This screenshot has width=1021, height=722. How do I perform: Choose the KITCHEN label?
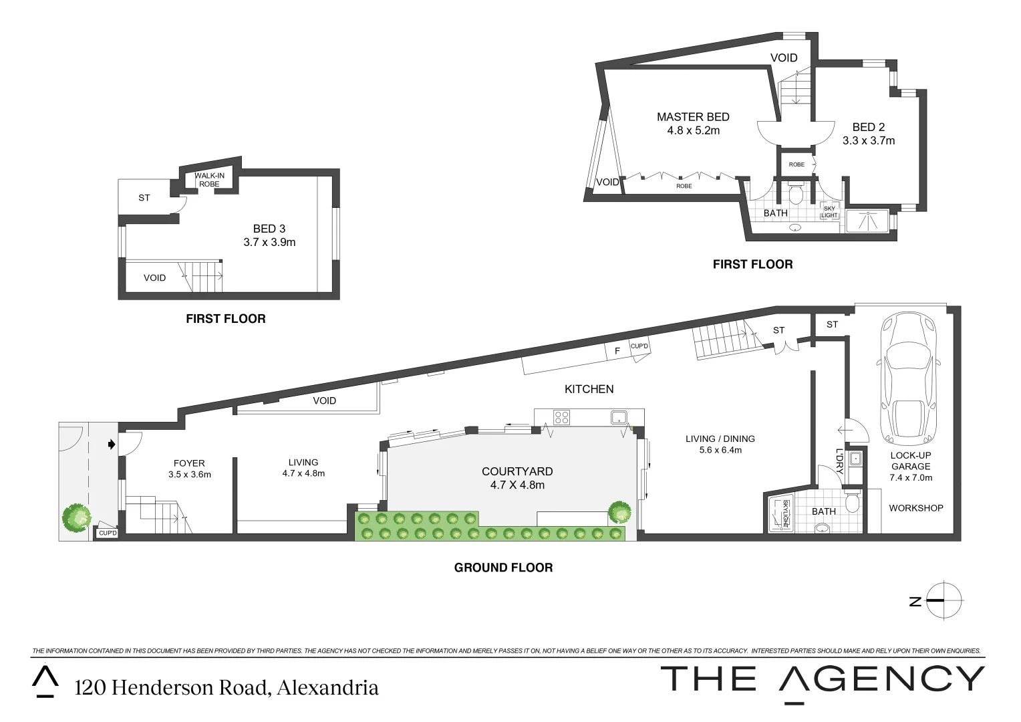point(589,388)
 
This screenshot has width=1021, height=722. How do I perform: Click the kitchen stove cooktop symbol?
point(561,418)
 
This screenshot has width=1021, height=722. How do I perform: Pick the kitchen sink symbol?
point(617,418)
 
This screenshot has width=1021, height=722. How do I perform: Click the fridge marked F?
point(617,350)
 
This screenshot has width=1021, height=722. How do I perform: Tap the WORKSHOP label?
point(915,508)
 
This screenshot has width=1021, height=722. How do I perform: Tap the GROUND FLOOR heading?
point(503,568)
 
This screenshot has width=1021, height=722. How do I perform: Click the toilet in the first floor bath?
point(796,194)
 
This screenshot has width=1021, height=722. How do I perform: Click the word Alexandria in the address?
point(327,687)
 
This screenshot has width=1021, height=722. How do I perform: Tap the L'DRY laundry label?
point(839,459)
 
